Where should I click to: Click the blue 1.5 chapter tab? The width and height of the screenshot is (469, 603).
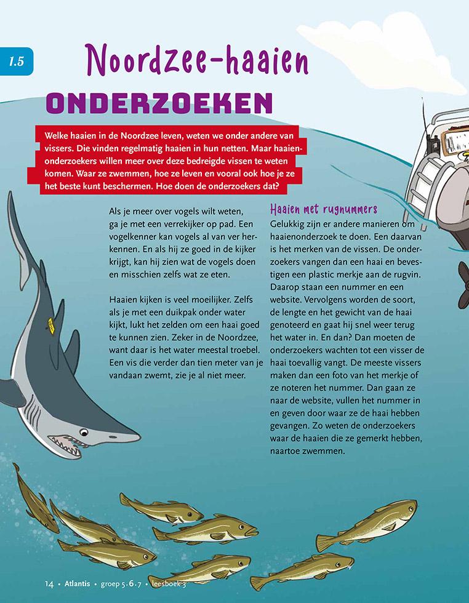(15, 61)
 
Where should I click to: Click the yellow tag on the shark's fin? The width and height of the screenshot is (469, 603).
(52, 324)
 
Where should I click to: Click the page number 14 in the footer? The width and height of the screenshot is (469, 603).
(50, 583)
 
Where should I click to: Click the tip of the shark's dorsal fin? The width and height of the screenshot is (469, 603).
(10, 196)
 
